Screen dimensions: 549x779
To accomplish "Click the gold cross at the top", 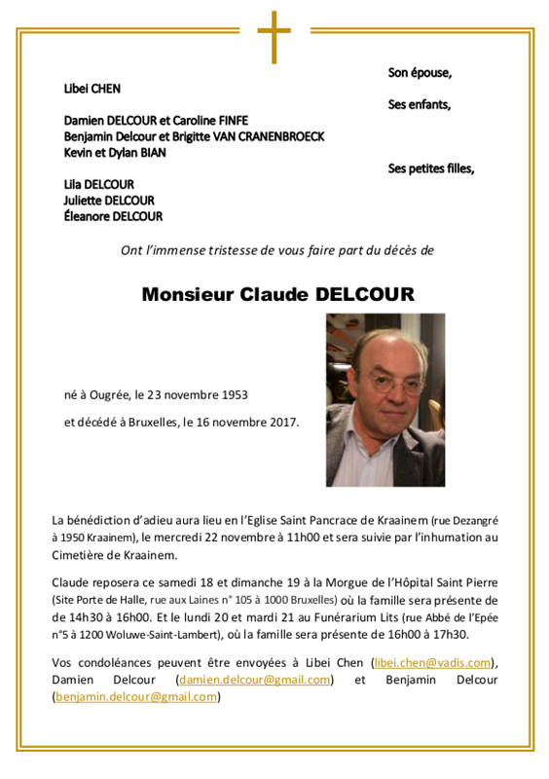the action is pos(274,36).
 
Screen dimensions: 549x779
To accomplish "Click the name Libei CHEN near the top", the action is pos(92,89).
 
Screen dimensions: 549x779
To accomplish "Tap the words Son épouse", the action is pos(420,72).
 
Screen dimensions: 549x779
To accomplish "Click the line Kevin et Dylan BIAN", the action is pos(115,152).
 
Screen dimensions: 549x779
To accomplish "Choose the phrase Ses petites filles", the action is pos(430,168).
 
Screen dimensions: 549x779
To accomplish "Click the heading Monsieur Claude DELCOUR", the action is pos(277,294).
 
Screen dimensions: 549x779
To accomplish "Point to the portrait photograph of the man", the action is pos(385,400).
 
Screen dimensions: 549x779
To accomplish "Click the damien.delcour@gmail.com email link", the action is pos(254,680).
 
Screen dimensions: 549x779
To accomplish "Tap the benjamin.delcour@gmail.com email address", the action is pos(135,696).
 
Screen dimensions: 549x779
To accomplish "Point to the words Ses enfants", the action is pos(420,104).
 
